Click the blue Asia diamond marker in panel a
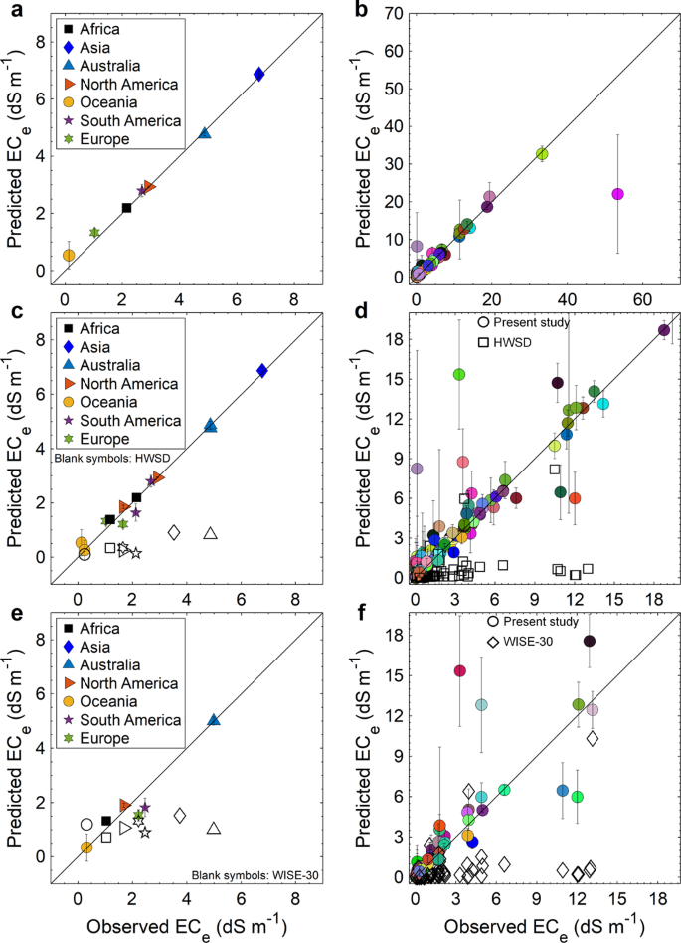coord(258,74)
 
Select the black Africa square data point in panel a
coord(127,207)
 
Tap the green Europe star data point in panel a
coord(94,232)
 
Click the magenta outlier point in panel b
coord(617,194)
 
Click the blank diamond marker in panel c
coord(174,532)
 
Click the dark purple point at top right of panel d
coord(664,330)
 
